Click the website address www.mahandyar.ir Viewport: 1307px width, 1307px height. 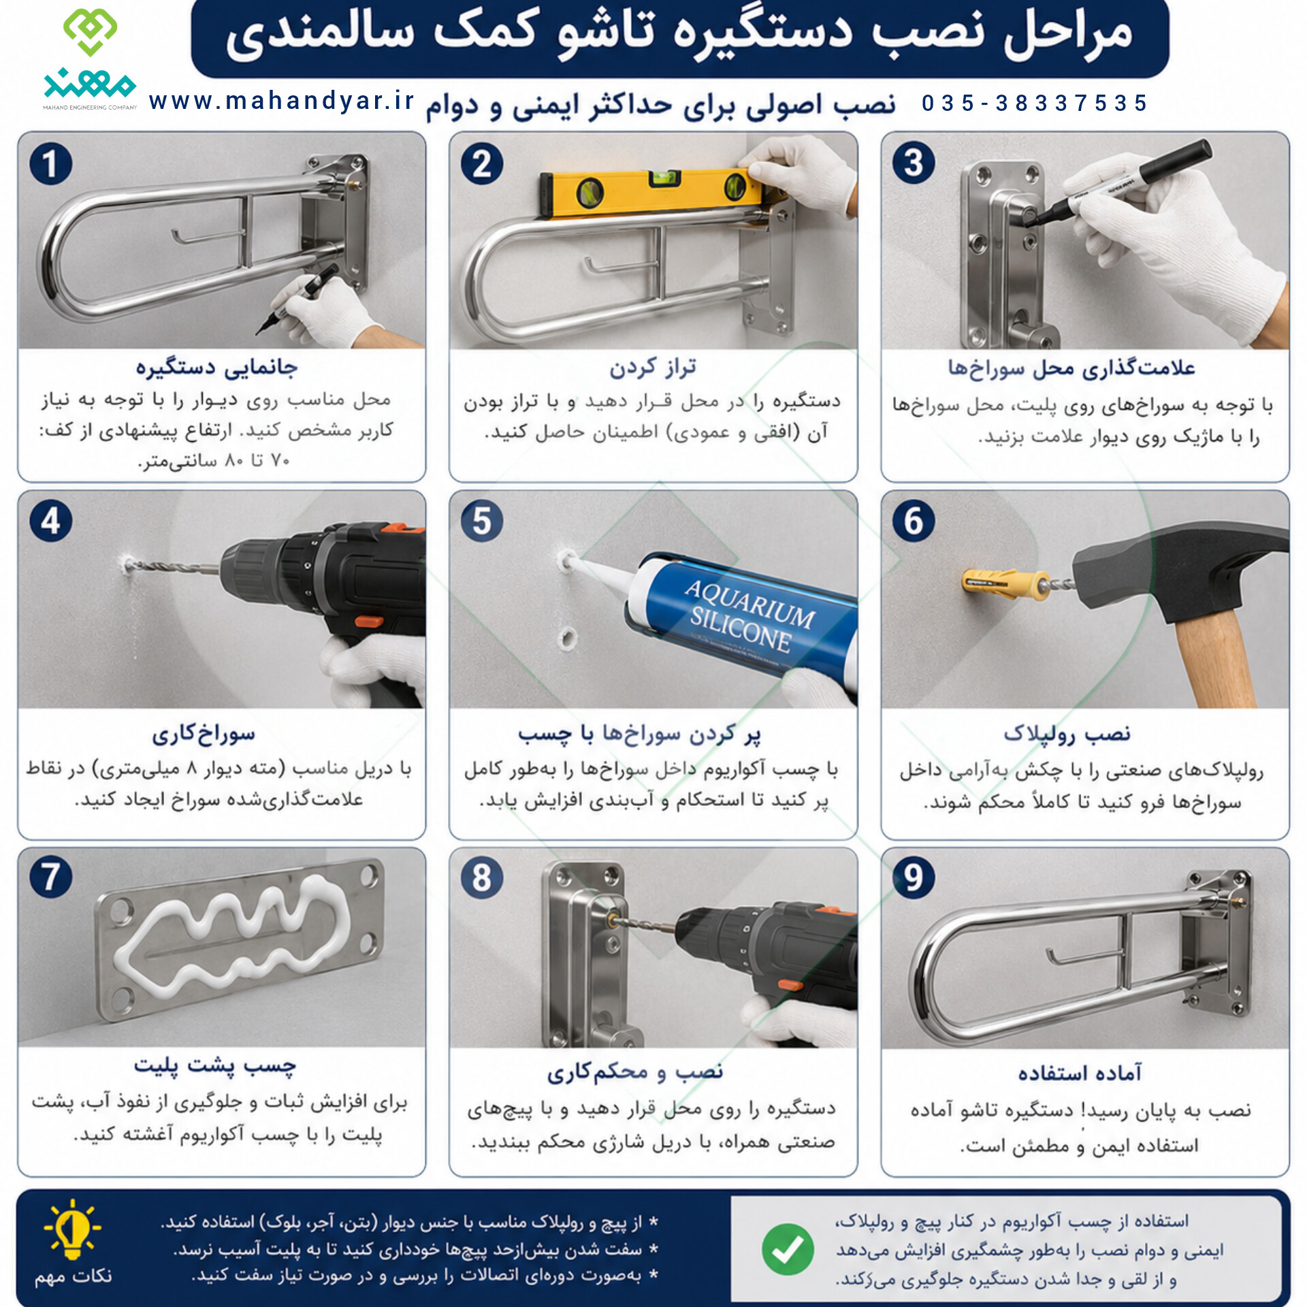[281, 101]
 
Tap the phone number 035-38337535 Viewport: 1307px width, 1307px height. [1035, 103]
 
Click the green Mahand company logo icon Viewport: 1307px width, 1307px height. [90, 31]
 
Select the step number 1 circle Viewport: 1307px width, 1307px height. [50, 163]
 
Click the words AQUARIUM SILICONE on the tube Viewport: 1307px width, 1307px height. [749, 616]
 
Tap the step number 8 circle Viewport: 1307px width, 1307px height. [482, 877]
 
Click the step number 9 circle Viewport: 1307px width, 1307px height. [914, 877]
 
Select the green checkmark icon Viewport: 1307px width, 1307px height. [788, 1248]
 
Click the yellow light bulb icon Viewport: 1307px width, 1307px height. [72, 1229]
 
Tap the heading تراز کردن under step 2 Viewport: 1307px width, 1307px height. [652, 368]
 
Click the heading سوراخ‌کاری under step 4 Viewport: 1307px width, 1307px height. [204, 733]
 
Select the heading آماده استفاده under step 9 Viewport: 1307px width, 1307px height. [1080, 1073]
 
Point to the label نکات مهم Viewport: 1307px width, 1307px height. [74, 1276]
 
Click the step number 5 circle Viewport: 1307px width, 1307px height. [482, 521]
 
